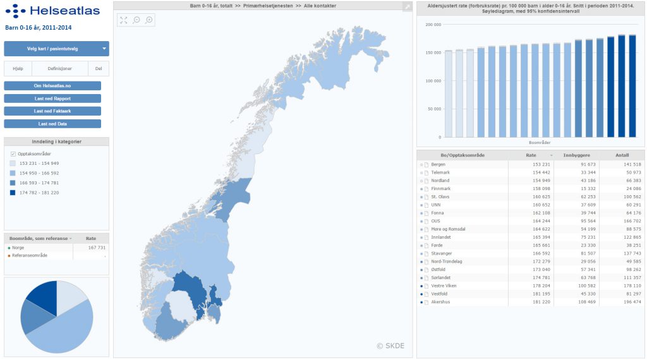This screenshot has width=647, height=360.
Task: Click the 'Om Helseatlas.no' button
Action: (52, 86)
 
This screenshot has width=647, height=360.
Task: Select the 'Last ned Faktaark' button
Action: (52, 111)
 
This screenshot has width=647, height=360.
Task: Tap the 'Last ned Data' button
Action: (52, 124)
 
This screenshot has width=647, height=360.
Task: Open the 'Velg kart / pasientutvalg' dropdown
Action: (56, 49)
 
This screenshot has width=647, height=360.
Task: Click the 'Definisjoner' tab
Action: (60, 69)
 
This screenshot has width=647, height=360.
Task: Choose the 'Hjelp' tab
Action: (18, 69)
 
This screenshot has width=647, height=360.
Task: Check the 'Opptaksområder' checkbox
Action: (13, 154)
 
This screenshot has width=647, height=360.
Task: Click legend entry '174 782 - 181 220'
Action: (39, 193)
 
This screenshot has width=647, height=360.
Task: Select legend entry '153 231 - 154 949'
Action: (39, 164)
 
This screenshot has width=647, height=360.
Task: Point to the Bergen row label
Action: (438, 164)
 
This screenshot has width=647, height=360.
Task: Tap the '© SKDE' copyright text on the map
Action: (390, 345)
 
